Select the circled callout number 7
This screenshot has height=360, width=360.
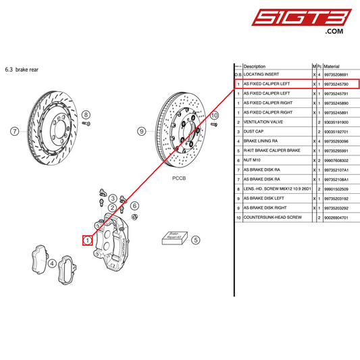pyautogui.click(x=14, y=131)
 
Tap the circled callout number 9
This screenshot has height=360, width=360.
pyautogui.click(x=141, y=131)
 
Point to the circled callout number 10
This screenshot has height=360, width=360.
pyautogui.click(x=215, y=115)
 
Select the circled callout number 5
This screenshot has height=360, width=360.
pyautogui.click(x=195, y=240)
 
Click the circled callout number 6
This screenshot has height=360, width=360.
pyautogui.click(x=134, y=205)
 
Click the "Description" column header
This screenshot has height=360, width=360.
pyautogui.click(x=255, y=66)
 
